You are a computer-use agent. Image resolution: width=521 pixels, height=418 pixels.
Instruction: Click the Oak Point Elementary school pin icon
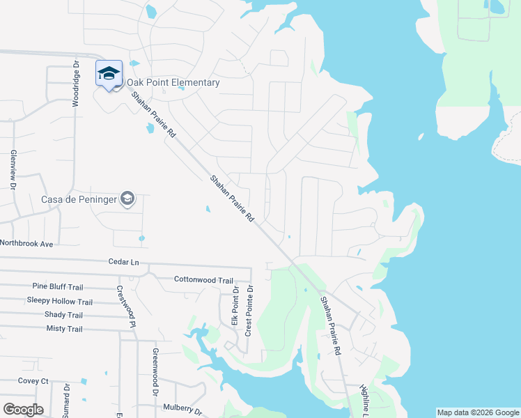[109, 74]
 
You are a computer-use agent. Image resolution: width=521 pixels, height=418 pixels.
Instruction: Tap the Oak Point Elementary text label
[173, 83]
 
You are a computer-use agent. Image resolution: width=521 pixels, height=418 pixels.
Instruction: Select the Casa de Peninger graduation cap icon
[127, 199]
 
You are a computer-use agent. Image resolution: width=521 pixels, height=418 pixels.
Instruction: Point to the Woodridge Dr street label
[77, 84]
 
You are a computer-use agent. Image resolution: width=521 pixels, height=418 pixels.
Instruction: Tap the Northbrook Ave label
[26, 244]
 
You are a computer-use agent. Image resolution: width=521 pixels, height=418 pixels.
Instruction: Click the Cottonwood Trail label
[203, 280]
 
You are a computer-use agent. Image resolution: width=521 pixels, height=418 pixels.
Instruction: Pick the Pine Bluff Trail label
[58, 287]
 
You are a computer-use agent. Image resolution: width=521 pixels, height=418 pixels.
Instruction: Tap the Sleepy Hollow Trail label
[59, 301]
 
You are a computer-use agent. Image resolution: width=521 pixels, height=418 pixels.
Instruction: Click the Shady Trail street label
[63, 315]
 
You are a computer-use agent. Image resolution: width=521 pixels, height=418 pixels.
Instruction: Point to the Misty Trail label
[64, 329]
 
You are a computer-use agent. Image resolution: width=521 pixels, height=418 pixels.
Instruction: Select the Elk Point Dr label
[235, 309]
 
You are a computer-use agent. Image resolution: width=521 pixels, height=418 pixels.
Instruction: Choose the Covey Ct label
[33, 381]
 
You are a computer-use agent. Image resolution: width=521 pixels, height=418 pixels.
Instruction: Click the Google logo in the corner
[23, 409]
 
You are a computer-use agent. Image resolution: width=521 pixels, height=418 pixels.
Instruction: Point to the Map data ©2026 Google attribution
[477, 412]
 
